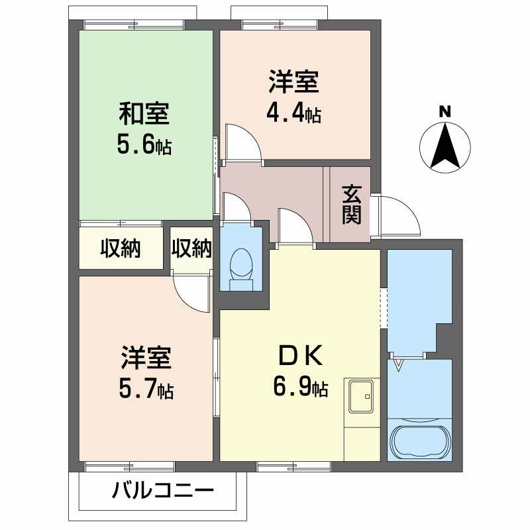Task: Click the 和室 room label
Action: coord(144,114)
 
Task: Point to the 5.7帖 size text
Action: coord(146,389)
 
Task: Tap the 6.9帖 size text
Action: coord(300,387)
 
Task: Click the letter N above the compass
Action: coord(446,112)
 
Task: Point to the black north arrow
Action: coord(446,146)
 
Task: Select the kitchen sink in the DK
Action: coord(362,397)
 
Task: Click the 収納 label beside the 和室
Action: coord(121,248)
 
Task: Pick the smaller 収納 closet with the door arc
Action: coord(191,248)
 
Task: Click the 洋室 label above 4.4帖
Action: coord(294,83)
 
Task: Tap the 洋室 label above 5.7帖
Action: coord(146,358)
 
